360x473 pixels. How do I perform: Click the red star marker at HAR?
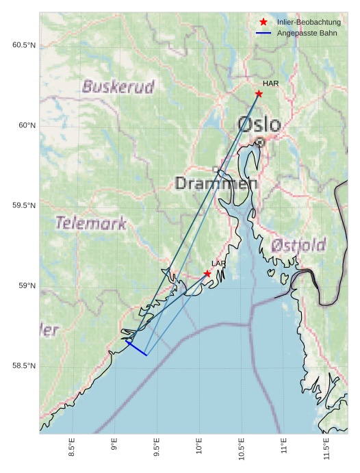point(259,94)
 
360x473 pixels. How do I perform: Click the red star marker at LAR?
point(207,274)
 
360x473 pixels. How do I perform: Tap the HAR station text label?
point(270,84)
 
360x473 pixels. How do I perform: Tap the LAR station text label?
point(218,264)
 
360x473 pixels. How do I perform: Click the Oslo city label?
point(259,125)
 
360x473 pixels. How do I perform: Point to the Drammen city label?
point(216,183)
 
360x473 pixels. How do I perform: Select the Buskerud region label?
point(118,87)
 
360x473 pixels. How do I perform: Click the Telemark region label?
point(90,223)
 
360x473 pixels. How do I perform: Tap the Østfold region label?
point(298,245)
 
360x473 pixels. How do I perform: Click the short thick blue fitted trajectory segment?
point(136,348)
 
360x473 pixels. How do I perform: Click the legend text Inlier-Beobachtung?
point(309,23)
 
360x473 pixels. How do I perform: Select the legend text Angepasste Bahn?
point(307,33)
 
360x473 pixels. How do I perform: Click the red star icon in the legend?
point(263,23)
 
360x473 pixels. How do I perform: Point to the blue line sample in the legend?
point(263,33)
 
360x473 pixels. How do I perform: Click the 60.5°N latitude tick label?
point(24,45)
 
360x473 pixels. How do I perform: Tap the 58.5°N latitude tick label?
point(24,366)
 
